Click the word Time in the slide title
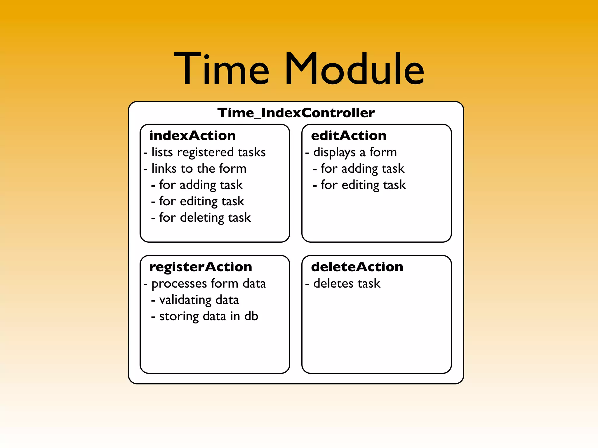tap(221, 69)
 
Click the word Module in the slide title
tap(354, 69)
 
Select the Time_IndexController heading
tap(296, 113)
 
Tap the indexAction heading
tap(192, 136)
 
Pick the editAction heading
tap(349, 136)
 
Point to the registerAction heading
tap(201, 267)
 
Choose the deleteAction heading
tap(357, 267)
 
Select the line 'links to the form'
tap(199, 169)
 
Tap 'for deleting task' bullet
tap(205, 218)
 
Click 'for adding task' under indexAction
tap(201, 185)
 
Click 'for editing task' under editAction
tap(363, 185)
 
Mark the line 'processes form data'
tap(208, 283)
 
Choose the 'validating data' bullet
tap(199, 300)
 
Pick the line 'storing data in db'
tap(208, 316)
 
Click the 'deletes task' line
tap(347, 283)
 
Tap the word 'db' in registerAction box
tap(251, 316)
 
